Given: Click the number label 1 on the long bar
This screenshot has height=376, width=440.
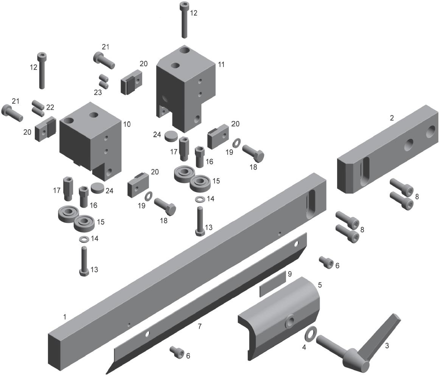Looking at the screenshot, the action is click(x=65, y=317).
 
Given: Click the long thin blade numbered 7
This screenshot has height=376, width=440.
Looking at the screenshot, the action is click(x=206, y=303).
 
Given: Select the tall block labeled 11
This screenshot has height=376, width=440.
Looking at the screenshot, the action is click(x=186, y=87).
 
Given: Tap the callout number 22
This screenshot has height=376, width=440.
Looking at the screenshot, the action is click(x=50, y=107).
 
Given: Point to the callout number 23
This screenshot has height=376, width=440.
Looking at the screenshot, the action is click(x=98, y=92).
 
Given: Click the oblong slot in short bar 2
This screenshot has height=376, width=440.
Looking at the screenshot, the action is click(x=364, y=171).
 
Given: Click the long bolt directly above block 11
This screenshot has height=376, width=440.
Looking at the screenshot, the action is click(x=184, y=20).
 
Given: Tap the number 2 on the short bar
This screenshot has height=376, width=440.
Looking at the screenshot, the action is click(x=392, y=118).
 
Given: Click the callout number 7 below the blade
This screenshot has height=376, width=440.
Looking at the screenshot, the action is click(x=200, y=326).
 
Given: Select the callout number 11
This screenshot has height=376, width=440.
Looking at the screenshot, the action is click(x=221, y=65).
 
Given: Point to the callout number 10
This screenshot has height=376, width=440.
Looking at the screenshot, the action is click(x=127, y=124).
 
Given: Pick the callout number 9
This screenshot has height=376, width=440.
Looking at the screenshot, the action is click(x=290, y=273).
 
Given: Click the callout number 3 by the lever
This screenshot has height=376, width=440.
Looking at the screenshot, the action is click(x=387, y=346).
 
